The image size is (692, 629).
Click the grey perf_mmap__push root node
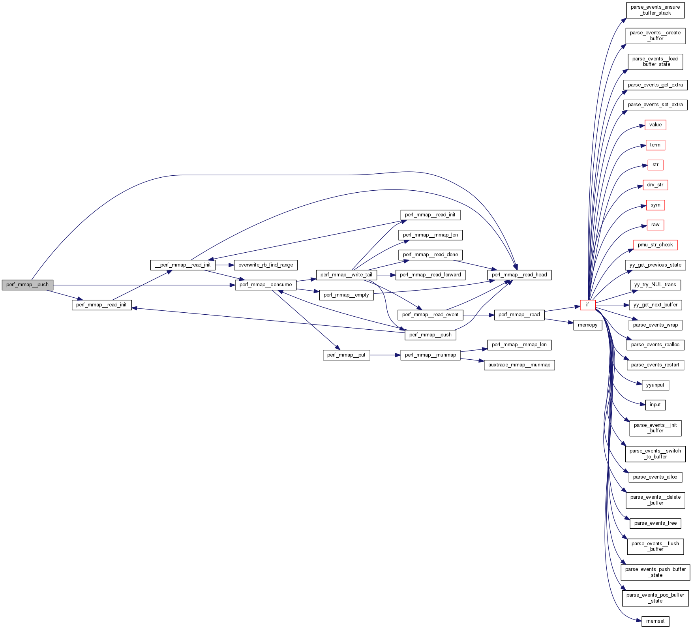pos(27,285)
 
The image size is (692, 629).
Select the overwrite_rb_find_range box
pos(265,265)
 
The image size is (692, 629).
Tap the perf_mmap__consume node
pos(265,285)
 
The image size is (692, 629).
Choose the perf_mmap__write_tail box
pos(346,275)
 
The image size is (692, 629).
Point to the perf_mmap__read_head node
pos(519,275)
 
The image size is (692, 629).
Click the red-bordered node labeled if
pos(587,305)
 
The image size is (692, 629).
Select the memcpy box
pos(587,325)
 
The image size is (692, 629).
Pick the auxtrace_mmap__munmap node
pos(519,365)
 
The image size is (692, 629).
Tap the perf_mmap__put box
pos(346,355)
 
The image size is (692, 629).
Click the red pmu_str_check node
pos(655,245)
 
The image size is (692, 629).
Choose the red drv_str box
pos(655,185)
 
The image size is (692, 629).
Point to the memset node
pos(655,621)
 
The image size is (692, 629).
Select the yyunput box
pos(655,385)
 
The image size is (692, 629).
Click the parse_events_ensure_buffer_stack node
pos(655,10)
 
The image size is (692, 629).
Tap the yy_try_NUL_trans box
pos(655,285)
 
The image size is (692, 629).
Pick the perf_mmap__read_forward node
pos(430,275)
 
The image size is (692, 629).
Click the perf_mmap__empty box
pos(346,295)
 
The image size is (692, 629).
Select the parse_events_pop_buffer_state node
pos(655,598)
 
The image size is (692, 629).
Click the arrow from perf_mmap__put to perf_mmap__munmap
pos(385,355)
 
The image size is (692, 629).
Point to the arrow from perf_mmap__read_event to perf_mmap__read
pos(478,315)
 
